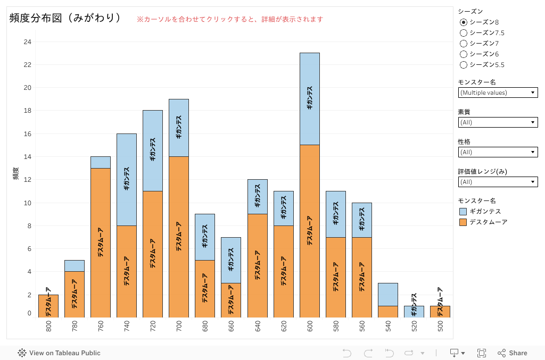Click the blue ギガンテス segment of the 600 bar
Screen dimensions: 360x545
point(309,99)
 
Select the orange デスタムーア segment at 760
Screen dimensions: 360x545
point(100,242)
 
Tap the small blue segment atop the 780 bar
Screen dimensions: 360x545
point(74,266)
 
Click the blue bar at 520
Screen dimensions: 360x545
point(414,312)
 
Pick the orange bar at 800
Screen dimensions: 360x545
point(48,306)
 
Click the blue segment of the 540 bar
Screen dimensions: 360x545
point(387,295)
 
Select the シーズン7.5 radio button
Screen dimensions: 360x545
point(464,33)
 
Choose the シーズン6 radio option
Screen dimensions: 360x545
point(464,54)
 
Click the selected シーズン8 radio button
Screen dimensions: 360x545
point(464,22)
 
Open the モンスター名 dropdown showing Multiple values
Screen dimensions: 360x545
point(498,93)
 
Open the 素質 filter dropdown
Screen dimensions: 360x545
point(498,122)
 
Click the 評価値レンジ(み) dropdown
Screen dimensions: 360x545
point(498,182)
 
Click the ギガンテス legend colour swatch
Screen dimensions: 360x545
point(463,212)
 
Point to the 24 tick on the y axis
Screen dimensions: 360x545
point(28,42)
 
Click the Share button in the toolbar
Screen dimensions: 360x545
point(512,353)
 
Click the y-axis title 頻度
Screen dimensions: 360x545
point(15,173)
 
